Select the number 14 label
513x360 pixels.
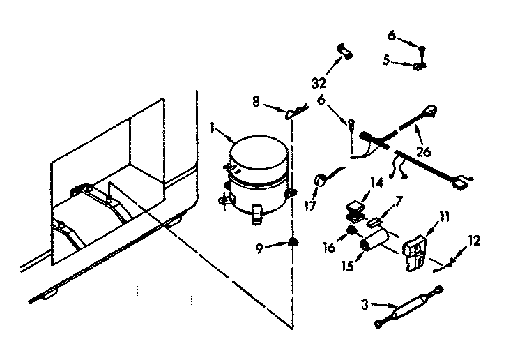[377, 183]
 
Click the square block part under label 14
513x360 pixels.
[358, 208]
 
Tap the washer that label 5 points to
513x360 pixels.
[419, 67]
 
